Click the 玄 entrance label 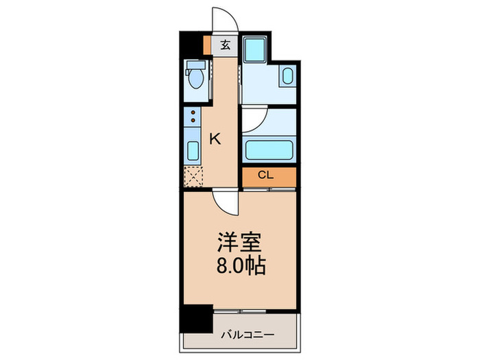(x=225, y=46)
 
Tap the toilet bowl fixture (x=196, y=77)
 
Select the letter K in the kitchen (x=215, y=139)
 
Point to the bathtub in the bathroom (x=269, y=148)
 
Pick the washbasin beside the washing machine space (x=287, y=76)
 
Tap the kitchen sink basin (x=193, y=151)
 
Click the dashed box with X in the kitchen (x=193, y=176)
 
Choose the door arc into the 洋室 (x=224, y=202)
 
